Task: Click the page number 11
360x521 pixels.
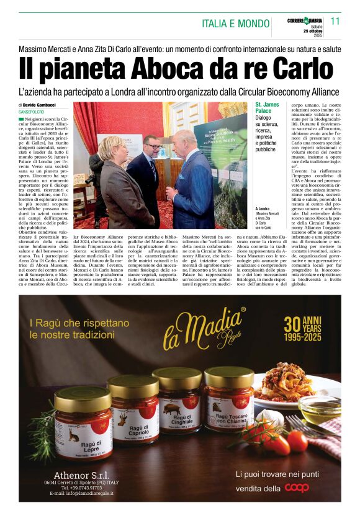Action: click(335, 21)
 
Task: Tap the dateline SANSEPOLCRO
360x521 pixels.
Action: click(36, 112)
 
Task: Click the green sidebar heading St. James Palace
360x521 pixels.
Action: click(268, 108)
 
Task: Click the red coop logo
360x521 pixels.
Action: click(296, 488)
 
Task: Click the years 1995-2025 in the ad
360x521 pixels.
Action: click(309, 339)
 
